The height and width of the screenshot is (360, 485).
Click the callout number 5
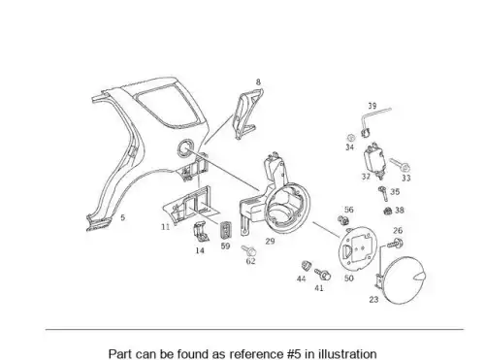tap(122, 217)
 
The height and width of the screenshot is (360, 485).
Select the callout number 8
tap(258, 82)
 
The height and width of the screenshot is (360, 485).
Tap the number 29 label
tap(270, 241)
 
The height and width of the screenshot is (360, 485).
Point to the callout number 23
tap(373, 300)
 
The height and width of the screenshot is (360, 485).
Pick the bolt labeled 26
tap(395, 244)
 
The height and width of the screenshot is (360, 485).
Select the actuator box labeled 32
tap(375, 161)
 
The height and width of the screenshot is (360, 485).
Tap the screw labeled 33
tap(400, 165)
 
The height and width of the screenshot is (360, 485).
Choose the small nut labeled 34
tap(350, 138)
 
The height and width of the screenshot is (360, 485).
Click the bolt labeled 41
tap(322, 275)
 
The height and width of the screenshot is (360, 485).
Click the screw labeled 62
tap(249, 250)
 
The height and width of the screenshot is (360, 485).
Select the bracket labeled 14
tap(201, 232)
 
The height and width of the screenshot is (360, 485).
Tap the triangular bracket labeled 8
tap(248, 115)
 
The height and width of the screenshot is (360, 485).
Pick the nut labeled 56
tap(343, 220)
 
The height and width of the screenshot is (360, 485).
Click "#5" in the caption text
tap(295, 354)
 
